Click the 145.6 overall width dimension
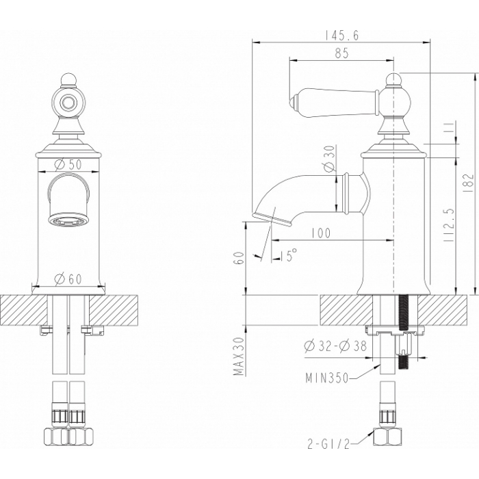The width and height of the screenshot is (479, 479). coord(341,36)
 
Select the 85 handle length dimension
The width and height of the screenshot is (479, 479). coord(341,53)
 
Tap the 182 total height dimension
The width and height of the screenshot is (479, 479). coord(468,183)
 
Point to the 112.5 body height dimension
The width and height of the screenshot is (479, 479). coord(449,225)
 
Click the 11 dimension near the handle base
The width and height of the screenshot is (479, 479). coord(449,127)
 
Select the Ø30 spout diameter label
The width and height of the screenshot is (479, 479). coord(331,158)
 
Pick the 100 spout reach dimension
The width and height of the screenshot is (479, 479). coord(321,233)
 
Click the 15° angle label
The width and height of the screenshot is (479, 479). coord(288,255)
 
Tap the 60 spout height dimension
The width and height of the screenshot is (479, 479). coord(240,258)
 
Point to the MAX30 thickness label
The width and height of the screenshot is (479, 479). coord(239,357)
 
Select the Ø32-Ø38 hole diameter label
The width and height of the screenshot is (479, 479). coord(335,346)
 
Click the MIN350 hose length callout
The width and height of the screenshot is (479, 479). coord(327,378)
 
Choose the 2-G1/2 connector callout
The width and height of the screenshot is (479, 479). coord(328,445)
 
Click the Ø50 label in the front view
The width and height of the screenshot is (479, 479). coord(68,165)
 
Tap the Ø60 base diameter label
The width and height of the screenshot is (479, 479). coord(68,279)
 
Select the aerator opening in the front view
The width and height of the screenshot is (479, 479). coord(68,220)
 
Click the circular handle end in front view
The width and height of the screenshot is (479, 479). coord(68,103)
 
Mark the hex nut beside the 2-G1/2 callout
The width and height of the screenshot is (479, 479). coord(387,437)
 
